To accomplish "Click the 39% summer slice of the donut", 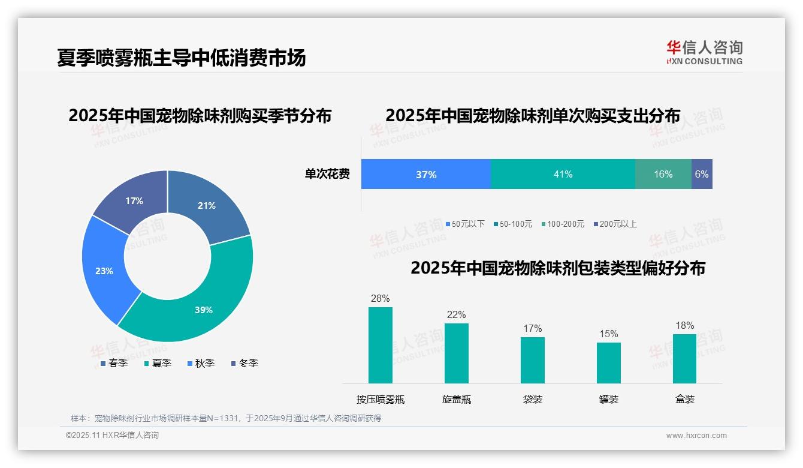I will tap(204, 310).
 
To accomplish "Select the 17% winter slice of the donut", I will tap(134, 201).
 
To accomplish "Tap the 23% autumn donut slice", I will tap(104, 271).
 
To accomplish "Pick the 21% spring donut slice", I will tap(207, 206).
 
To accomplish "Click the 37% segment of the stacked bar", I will tap(426, 175).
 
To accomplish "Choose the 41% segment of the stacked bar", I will tap(563, 175).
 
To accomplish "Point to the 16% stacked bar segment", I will tap(663, 175).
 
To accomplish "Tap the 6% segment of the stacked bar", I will tap(702, 175).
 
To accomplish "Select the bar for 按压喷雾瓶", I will tap(381, 345).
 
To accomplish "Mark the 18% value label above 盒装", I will tap(685, 325).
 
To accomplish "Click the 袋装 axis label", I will tap(533, 399).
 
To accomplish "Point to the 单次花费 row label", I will tap(327, 175).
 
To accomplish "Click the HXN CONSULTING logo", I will tap(704, 53).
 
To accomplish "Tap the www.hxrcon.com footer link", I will tap(696, 436).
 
